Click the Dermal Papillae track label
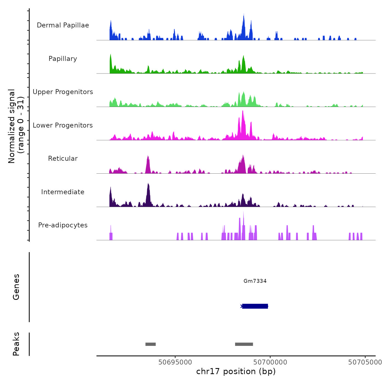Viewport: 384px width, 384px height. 63,25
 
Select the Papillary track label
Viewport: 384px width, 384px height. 63,59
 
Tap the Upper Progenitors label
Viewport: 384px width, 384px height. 63,92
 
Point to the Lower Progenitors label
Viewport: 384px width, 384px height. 63,125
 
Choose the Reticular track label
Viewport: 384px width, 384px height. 63,159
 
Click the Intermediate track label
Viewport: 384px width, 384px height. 63,192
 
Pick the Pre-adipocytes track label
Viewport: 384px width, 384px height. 63,225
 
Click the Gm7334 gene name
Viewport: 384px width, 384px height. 255,281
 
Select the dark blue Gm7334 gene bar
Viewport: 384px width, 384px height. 255,306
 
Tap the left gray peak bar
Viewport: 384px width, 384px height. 151,344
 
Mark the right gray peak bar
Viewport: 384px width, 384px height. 244,344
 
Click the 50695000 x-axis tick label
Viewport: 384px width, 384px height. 175,362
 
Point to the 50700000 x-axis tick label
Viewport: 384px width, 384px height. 270,362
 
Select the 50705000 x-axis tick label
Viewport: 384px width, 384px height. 365,362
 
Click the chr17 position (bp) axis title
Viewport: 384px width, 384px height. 236,371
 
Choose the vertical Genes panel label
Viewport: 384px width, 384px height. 16,287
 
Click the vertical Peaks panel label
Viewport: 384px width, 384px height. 16,344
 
